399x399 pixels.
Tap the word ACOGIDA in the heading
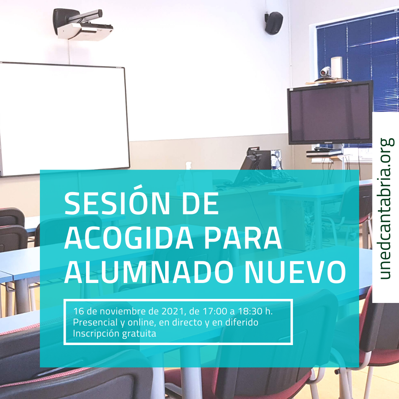click(x=129, y=238)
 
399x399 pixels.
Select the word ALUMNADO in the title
click(x=149, y=272)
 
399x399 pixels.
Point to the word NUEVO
click(x=295, y=272)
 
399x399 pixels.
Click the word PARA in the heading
click(x=243, y=238)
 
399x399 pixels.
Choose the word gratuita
click(x=139, y=334)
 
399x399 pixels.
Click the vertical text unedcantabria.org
click(x=385, y=209)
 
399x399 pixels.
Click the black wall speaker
click(x=273, y=23)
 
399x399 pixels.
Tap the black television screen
click(x=330, y=112)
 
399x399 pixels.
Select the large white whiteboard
click(x=64, y=119)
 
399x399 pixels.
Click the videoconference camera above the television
click(x=326, y=72)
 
